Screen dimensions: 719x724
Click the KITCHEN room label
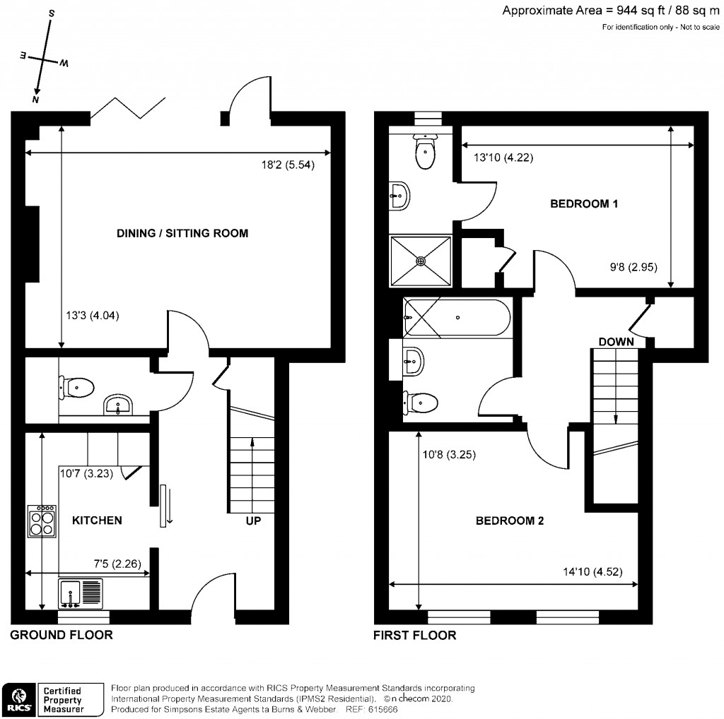[98, 521]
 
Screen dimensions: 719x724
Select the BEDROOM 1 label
[585, 204]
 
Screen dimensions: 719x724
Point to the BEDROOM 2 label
[509, 521]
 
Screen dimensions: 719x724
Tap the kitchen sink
[81, 593]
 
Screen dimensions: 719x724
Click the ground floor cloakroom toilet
[77, 386]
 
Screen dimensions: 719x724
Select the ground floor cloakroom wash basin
[117, 405]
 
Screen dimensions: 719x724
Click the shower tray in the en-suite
[421, 260]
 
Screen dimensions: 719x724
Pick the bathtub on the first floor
[456, 318]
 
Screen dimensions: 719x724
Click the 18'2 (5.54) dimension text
[287, 166]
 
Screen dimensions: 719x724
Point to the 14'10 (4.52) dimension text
[595, 572]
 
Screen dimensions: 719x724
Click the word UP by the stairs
[253, 521]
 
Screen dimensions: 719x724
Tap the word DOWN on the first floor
[616, 342]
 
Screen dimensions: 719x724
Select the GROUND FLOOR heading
[61, 635]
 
